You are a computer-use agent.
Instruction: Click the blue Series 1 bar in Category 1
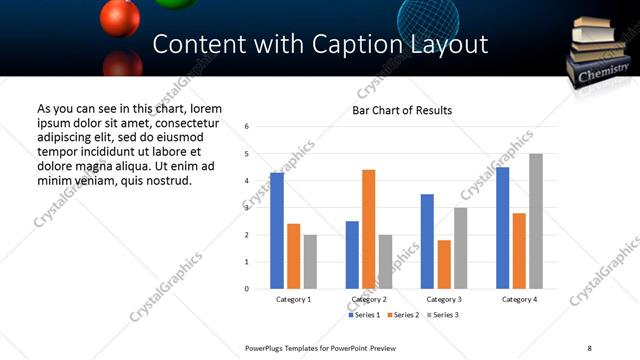[x=277, y=231]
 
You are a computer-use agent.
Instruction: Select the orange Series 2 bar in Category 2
[x=369, y=229]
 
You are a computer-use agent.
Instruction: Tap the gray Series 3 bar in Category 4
[x=537, y=221]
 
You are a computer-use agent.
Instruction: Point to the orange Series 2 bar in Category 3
[x=444, y=264]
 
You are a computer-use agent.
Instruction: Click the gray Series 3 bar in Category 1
[x=310, y=262]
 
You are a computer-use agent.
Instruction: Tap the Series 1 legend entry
[x=364, y=315]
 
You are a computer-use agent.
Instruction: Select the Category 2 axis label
[x=369, y=300]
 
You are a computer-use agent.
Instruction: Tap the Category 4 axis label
[x=519, y=300]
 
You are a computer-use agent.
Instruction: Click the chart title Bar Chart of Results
[x=402, y=110]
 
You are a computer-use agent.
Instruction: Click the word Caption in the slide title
[x=346, y=45]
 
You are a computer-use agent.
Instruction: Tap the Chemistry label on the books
[x=604, y=74]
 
